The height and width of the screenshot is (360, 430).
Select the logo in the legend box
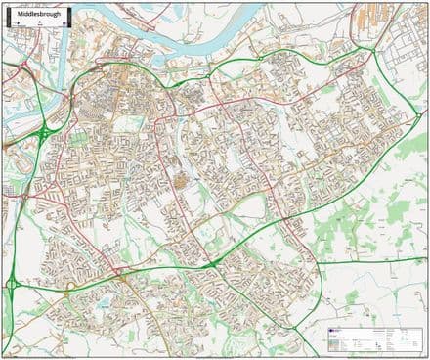click(x=333, y=331)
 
